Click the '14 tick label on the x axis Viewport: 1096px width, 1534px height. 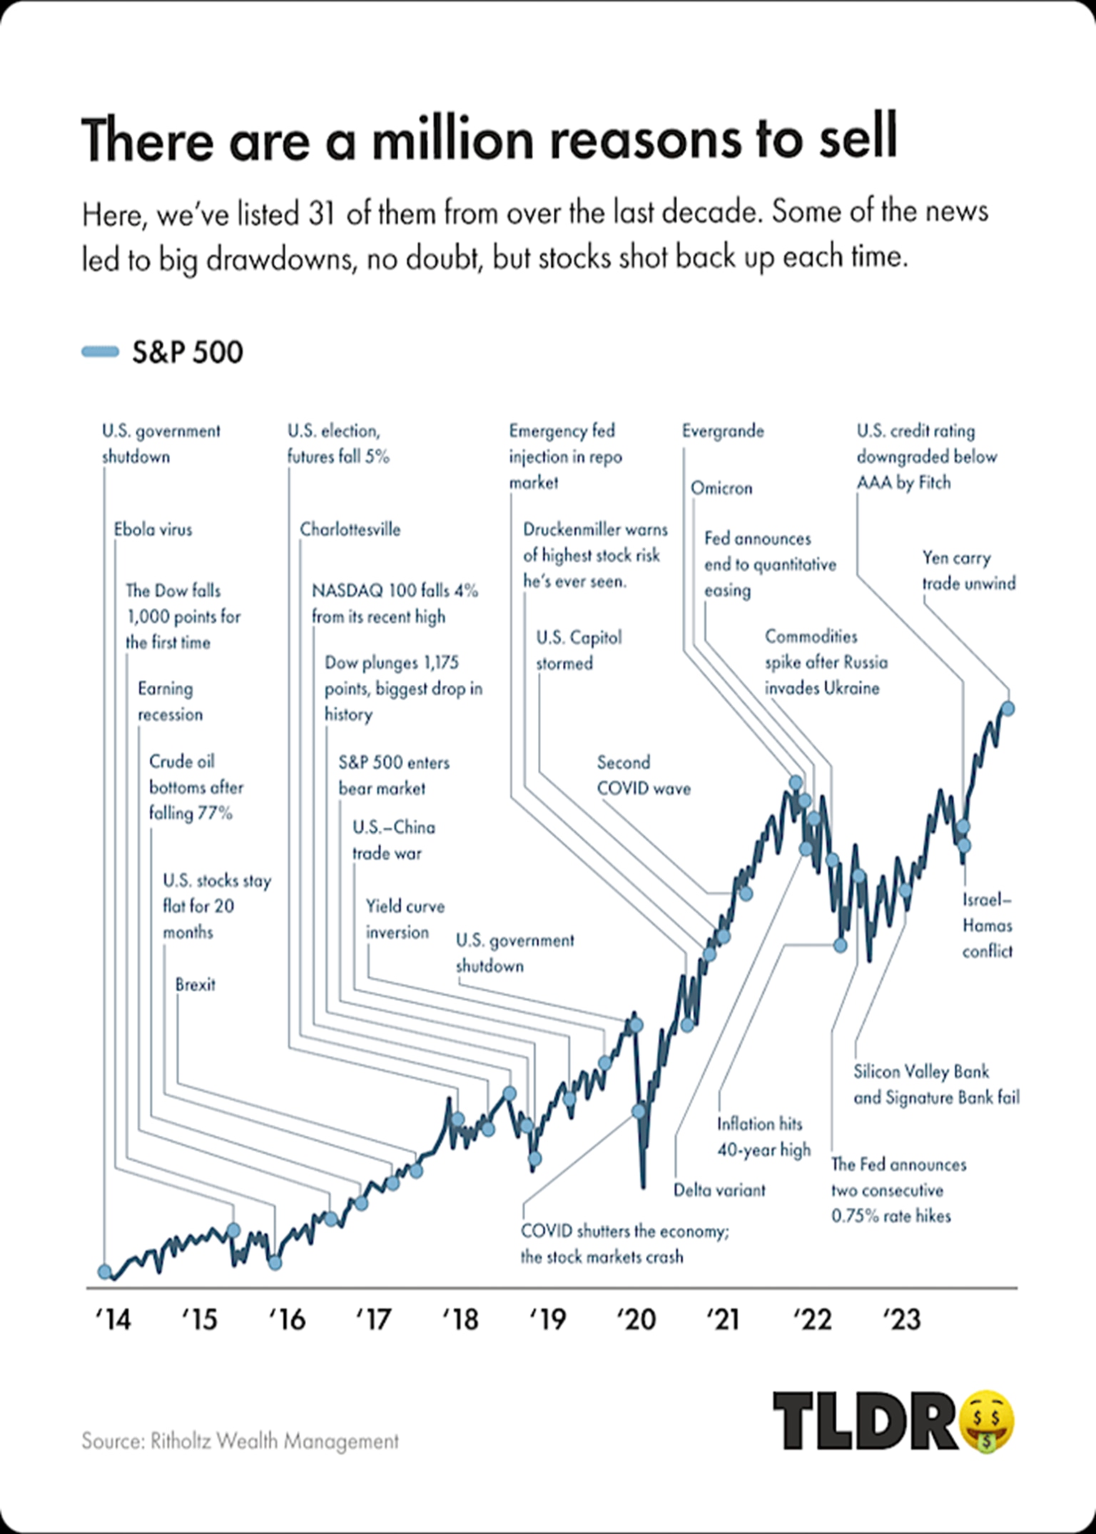(113, 1319)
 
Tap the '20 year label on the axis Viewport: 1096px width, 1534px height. (636, 1319)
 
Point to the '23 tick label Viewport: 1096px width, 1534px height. (901, 1319)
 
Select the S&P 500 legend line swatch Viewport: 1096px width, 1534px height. (100, 352)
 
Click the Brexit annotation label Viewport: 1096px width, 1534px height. (195, 985)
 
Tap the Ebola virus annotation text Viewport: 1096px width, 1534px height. (153, 529)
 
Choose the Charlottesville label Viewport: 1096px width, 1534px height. (350, 529)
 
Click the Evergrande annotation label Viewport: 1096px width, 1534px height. (722, 431)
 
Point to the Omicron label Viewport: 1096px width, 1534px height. (721, 488)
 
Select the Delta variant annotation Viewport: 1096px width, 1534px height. (719, 1190)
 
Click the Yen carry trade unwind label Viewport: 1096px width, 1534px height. (968, 570)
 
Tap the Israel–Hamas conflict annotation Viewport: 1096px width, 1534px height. (987, 925)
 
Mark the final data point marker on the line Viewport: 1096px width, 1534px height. (1008, 708)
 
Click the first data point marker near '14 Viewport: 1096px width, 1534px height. (105, 1271)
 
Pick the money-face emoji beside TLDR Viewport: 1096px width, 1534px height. (988, 1423)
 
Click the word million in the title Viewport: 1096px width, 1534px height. (452, 139)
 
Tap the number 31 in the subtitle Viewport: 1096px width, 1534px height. (322, 213)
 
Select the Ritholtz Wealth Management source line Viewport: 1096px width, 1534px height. (240, 1441)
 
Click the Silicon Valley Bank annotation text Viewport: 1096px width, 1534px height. (935, 1085)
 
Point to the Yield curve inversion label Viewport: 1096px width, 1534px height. (405, 919)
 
